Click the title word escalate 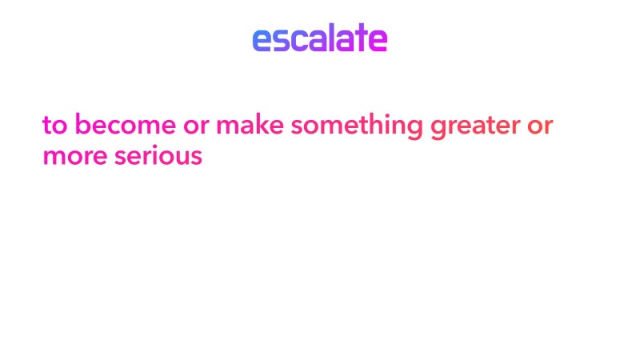(x=319, y=38)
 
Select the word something (x=356, y=126)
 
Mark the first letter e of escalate (x=262, y=39)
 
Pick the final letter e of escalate (x=378, y=39)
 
